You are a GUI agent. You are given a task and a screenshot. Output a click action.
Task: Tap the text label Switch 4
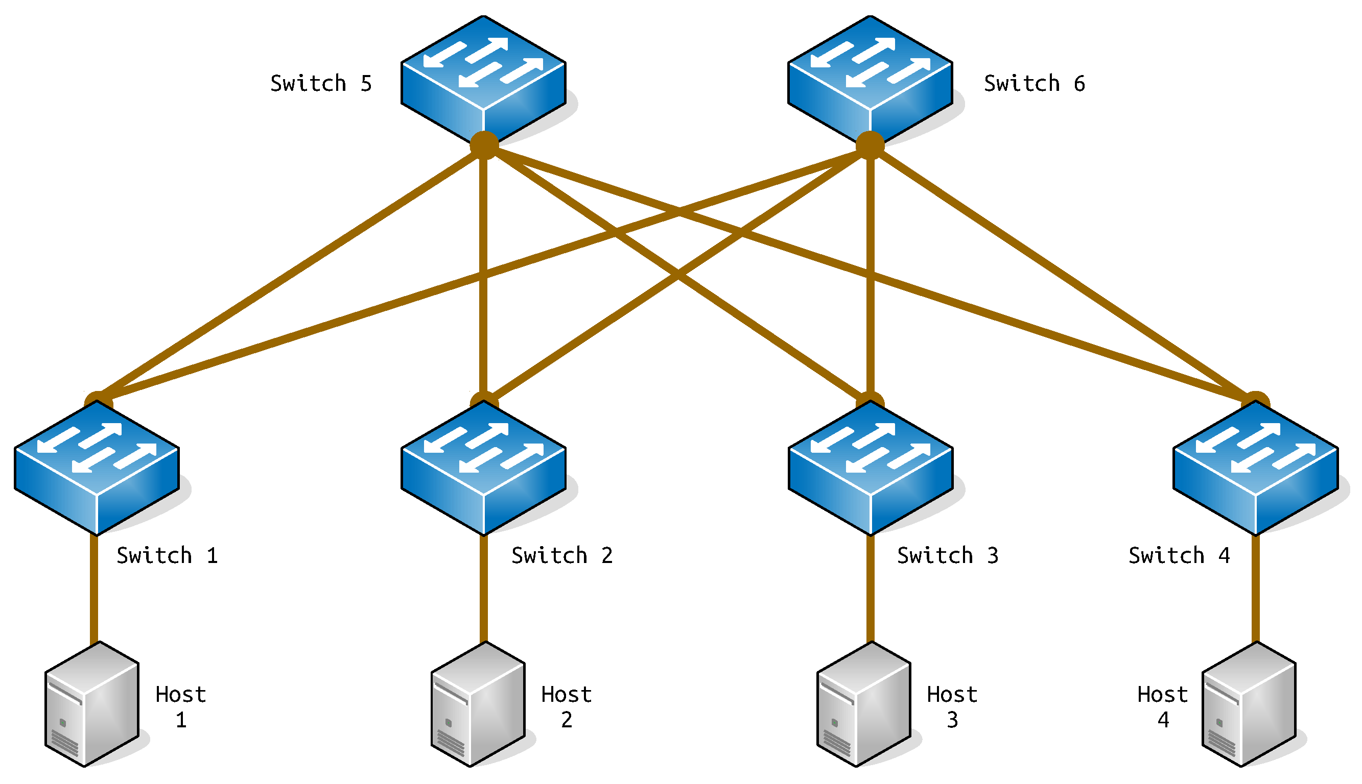[x=1179, y=555]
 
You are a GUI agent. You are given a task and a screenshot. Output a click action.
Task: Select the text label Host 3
[x=952, y=706]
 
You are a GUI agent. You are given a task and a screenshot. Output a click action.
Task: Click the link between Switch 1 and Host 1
[x=93, y=590]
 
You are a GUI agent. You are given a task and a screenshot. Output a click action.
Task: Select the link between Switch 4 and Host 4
[x=1255, y=590]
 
